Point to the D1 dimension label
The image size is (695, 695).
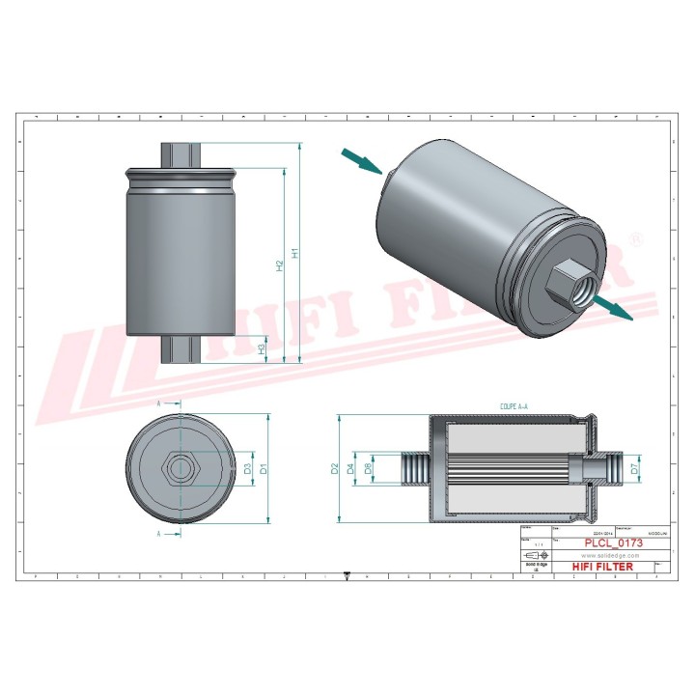pyautogui.click(x=262, y=470)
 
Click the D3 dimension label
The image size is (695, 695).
pyautogui.click(x=247, y=469)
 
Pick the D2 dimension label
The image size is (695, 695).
pyautogui.click(x=335, y=469)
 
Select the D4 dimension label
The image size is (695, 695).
pyautogui.click(x=351, y=469)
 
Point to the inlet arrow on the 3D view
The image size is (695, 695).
pyautogui.click(x=362, y=160)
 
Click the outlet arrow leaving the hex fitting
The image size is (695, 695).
pyautogui.click(x=611, y=308)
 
